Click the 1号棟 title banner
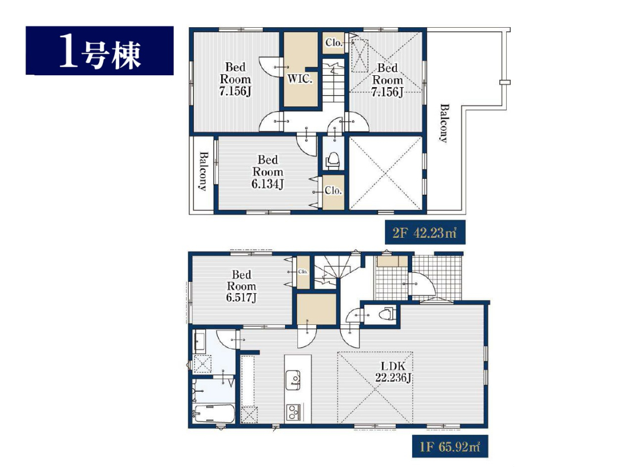[100, 50]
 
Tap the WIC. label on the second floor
[300, 79]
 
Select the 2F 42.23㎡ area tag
[425, 232]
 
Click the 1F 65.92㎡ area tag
[450, 447]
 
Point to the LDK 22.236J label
[393, 372]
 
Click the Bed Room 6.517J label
[241, 286]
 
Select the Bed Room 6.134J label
[268, 172]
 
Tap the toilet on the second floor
[333, 160]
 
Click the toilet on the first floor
[386, 314]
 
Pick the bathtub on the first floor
[214, 414]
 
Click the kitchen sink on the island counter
[293, 380]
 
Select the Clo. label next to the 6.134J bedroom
[333, 191]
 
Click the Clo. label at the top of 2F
[334, 42]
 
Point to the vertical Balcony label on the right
[444, 123]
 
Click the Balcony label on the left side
[203, 171]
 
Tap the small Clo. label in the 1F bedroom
[303, 272]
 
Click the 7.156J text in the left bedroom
[235, 91]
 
